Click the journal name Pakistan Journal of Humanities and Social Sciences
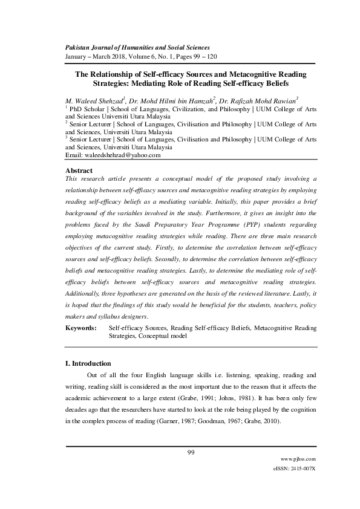pos(137,47)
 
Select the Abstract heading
pos(79,171)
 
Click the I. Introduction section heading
pos(88,364)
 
